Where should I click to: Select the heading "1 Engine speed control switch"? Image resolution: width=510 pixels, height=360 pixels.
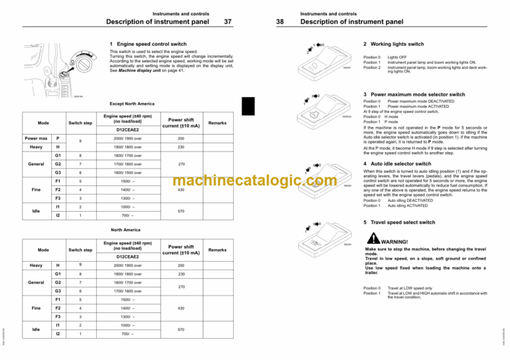[x=147, y=44]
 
